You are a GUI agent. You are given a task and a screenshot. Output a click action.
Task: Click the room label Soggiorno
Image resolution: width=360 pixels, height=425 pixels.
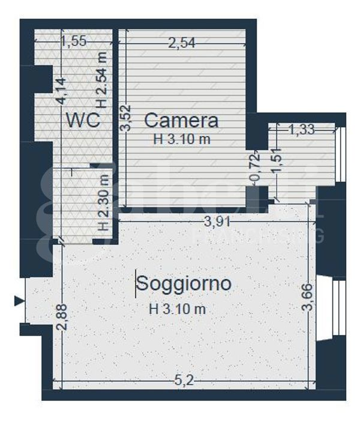(x=184, y=283)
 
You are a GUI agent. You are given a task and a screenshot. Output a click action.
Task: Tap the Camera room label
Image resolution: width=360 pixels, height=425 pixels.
(x=181, y=121)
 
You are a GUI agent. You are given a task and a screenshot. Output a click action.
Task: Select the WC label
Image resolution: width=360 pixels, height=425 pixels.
(x=83, y=120)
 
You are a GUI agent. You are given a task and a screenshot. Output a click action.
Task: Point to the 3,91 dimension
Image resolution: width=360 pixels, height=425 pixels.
(x=215, y=222)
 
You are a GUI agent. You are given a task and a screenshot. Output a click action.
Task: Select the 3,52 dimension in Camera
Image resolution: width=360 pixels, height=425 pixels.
(x=125, y=119)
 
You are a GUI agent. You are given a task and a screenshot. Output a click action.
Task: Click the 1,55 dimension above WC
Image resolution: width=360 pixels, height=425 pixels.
(x=74, y=41)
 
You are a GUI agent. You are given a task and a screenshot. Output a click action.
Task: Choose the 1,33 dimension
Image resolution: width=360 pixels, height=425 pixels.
(x=302, y=128)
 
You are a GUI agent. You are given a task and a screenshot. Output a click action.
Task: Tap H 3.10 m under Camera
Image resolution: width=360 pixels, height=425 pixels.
(x=181, y=139)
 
